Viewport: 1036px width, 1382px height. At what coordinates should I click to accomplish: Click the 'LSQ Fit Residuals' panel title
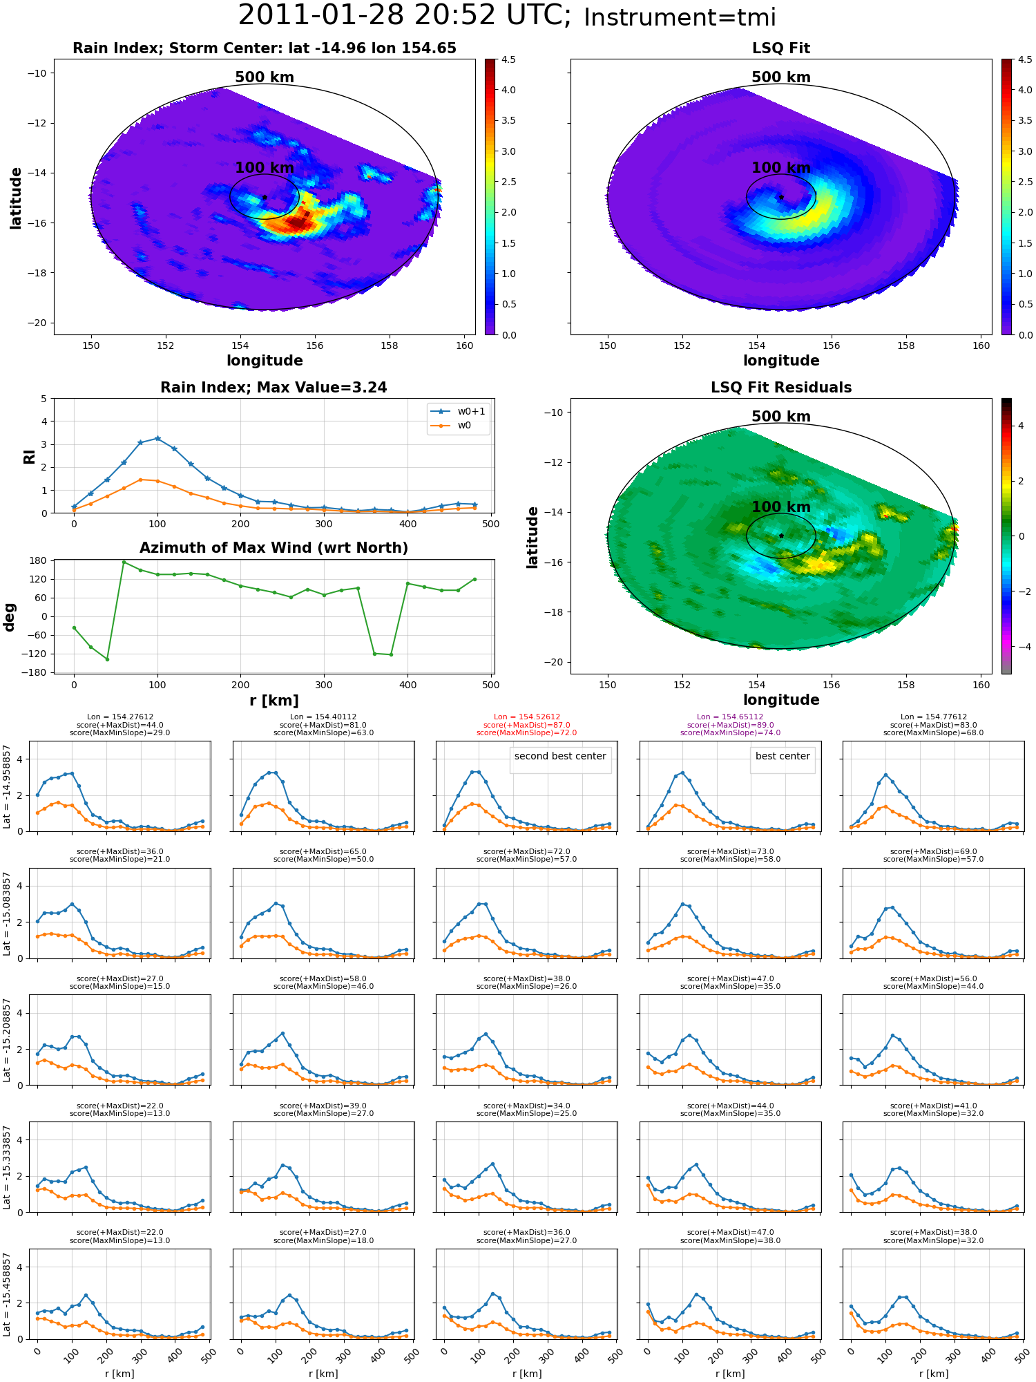coord(781,388)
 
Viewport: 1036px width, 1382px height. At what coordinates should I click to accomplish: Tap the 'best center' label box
coord(783,756)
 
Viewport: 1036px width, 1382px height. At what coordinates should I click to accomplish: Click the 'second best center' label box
coord(560,756)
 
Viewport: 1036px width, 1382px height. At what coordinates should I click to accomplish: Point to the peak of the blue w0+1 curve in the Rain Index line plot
coord(157,438)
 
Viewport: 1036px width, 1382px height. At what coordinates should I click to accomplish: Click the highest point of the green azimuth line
coord(124,562)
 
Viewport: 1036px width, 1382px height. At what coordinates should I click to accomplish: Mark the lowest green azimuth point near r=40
coord(107,659)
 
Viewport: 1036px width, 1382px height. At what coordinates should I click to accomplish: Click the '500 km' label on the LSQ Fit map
coord(781,77)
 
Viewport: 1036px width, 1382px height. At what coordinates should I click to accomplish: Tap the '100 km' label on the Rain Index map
coord(265,168)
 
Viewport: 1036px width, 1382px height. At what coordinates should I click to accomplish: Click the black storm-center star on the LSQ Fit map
coord(781,197)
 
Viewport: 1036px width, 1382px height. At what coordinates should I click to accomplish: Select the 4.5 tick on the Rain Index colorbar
coord(508,59)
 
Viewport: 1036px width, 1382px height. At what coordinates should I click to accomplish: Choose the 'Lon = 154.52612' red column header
coord(527,717)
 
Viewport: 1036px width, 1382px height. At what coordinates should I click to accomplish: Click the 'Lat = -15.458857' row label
coord(7,1294)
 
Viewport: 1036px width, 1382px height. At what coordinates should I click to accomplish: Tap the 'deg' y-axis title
coord(10,617)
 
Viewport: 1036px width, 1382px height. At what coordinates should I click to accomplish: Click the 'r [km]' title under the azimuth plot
coord(274,701)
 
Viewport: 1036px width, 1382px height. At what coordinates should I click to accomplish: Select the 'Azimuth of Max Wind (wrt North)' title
coord(274,548)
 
